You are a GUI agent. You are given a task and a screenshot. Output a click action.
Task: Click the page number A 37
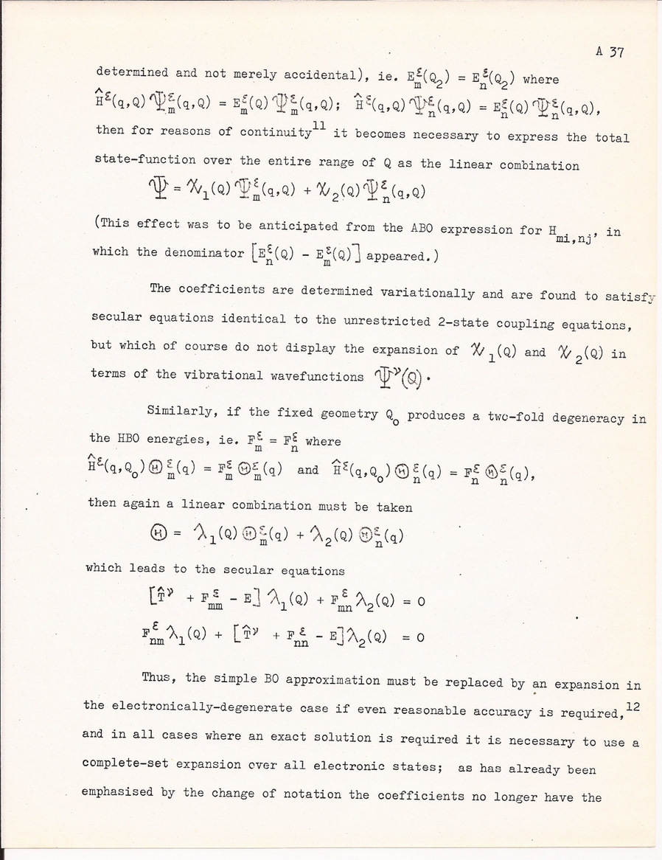click(x=610, y=51)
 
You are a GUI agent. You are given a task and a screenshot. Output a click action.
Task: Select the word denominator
click(x=187, y=252)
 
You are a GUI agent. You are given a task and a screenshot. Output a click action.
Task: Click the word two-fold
click(x=506, y=417)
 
